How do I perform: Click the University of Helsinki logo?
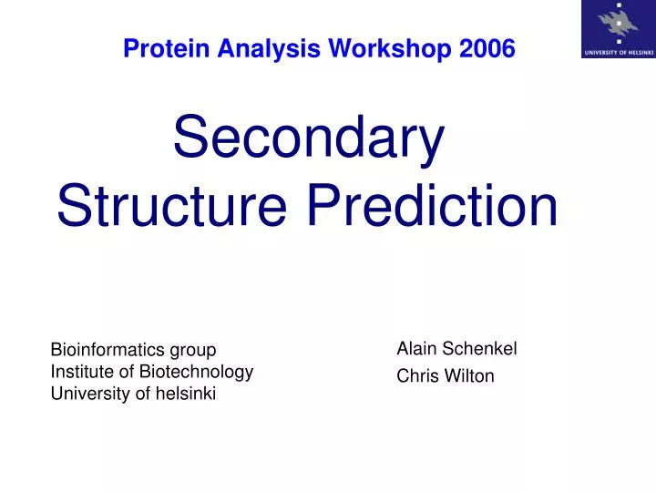617,29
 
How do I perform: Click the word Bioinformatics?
107,350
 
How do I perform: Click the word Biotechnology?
194,372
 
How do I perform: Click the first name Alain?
416,348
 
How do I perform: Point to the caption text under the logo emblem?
617,53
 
